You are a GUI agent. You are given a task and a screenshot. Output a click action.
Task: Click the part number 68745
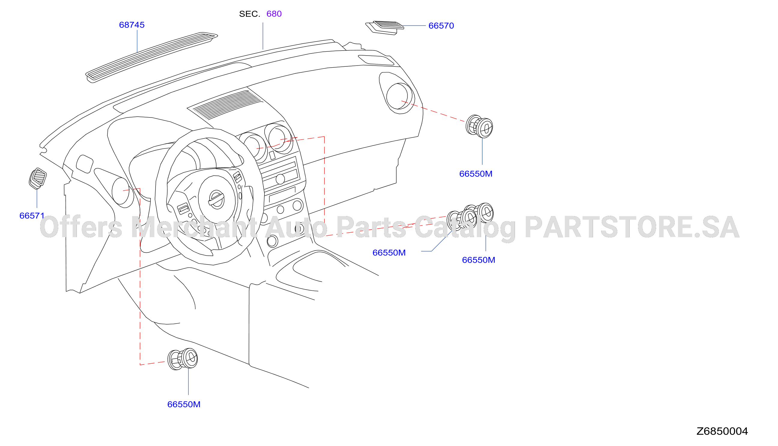pos(132,25)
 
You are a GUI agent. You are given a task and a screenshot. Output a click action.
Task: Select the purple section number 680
pos(274,14)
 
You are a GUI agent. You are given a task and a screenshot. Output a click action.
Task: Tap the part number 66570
pos(441,26)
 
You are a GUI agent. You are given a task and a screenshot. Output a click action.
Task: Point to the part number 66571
pos(32,216)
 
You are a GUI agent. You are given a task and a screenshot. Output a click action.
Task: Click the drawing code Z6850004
pos(722,431)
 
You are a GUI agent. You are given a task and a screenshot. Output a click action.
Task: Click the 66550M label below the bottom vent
pos(184,404)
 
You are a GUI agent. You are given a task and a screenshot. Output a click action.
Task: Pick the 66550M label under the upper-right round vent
pos(476,174)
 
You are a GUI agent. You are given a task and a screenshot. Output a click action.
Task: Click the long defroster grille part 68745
pos(152,57)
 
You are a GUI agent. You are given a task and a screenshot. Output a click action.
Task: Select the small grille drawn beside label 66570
pos(385,28)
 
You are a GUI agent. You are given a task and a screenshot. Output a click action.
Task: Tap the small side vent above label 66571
pos(38,179)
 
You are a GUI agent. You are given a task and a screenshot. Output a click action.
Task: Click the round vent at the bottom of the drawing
pos(183,359)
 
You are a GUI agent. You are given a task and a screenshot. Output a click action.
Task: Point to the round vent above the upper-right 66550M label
pos(479,126)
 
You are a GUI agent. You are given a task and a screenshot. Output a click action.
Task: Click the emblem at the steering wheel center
pos(216,200)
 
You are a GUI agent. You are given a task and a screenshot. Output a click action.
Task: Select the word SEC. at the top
pos(250,14)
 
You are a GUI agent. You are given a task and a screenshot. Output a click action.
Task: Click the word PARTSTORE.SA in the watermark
pos(632,227)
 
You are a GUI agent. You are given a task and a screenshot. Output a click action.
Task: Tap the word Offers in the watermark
pos(81,227)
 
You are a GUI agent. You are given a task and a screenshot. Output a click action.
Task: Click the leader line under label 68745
pos(137,41)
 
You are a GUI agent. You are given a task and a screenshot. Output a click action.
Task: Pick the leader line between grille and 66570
pos(414,26)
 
